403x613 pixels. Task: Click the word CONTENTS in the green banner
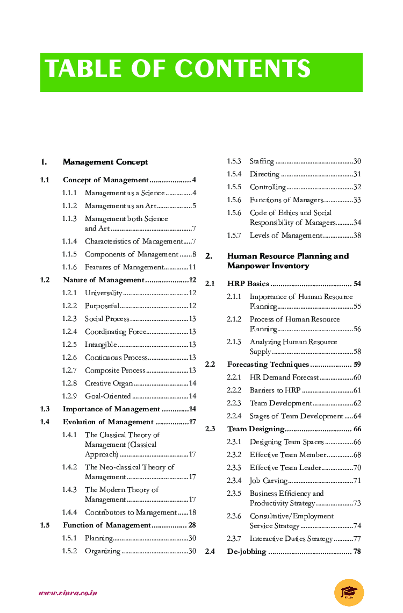242,69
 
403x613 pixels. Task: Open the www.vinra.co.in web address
68,593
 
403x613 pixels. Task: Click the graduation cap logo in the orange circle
349,593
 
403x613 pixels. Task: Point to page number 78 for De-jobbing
357,552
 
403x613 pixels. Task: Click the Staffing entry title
262,161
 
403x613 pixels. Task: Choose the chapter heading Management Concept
105,162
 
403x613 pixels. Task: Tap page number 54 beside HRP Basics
357,284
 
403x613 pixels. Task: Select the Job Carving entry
268,481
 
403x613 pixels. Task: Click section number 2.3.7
234,539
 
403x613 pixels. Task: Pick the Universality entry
103,293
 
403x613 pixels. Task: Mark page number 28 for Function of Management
192,525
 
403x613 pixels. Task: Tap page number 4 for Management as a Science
194,193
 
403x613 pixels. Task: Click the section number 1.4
45,422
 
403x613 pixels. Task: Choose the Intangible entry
100,345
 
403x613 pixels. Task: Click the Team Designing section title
255,429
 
